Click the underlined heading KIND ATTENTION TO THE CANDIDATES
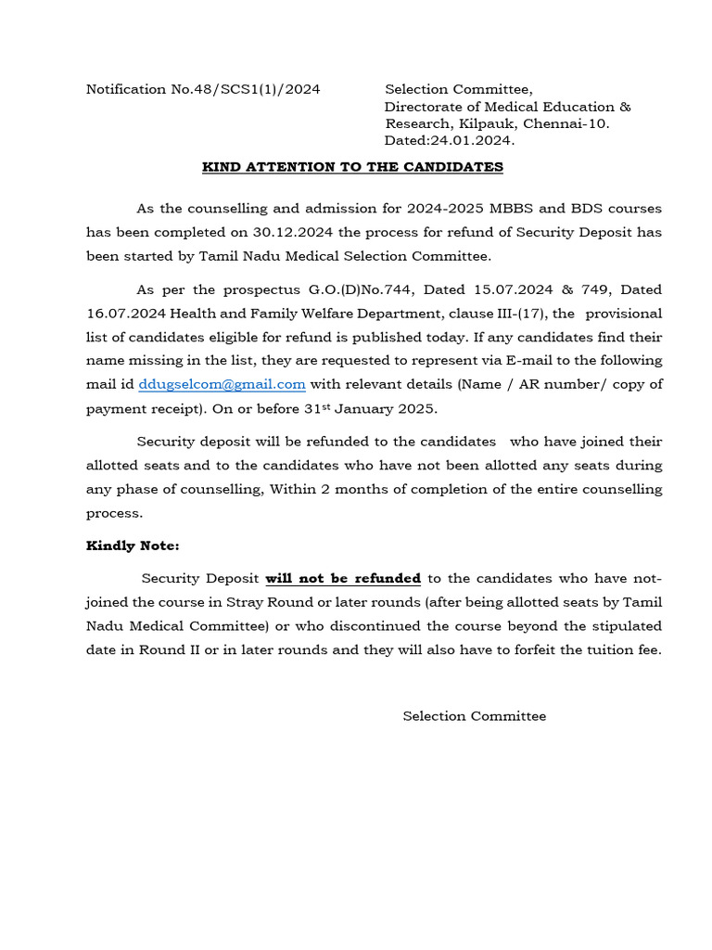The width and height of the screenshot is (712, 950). [x=352, y=167]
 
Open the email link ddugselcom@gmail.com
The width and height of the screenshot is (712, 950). [x=222, y=384]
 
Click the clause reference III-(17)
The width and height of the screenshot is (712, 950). [x=516, y=314]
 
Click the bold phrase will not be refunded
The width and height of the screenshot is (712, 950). [x=343, y=578]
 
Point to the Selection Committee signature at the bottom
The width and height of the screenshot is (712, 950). [x=474, y=716]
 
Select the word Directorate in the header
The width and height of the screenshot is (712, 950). [x=428, y=107]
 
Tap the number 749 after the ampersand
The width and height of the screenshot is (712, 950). [x=588, y=289]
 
